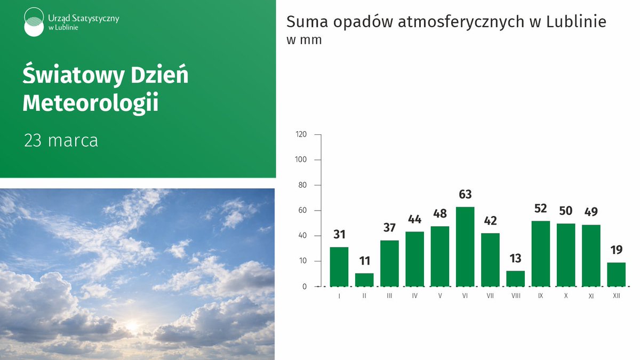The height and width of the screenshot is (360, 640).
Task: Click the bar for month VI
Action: [x=465, y=246]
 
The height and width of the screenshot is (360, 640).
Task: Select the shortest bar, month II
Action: [x=364, y=279]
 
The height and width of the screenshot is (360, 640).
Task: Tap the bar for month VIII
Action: [x=515, y=278]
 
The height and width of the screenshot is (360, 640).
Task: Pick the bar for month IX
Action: [x=540, y=253]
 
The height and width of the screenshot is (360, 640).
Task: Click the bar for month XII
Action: [x=616, y=274]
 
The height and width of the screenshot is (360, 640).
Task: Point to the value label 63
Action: [x=465, y=195]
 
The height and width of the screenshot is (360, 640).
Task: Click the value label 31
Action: [x=339, y=235]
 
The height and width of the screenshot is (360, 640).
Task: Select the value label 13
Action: [x=515, y=259]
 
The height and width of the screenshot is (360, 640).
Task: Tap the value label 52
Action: [x=540, y=209]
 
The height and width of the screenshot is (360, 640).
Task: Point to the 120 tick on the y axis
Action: [x=301, y=134]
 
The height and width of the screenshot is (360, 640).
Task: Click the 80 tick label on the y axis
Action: [x=302, y=185]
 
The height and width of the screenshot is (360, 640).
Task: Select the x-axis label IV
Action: [x=414, y=295]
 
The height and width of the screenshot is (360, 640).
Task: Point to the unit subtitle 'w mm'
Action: [x=304, y=41]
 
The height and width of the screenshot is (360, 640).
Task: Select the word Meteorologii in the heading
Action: [x=91, y=103]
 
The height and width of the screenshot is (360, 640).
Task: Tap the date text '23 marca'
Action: [x=61, y=141]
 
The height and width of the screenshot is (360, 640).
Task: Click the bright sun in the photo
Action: [x=132, y=325]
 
